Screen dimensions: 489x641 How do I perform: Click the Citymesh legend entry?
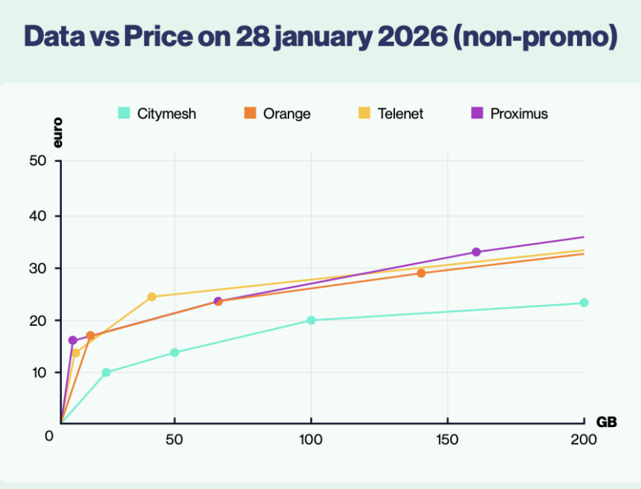click(x=157, y=114)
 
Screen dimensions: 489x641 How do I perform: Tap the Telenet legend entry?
click(x=391, y=114)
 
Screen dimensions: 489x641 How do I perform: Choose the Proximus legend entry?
click(x=510, y=114)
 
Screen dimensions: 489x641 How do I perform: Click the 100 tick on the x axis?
click(x=311, y=440)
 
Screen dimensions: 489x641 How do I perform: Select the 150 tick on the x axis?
click(x=447, y=440)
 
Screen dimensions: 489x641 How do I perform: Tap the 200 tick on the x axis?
click(x=584, y=440)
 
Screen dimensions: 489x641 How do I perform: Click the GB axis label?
click(x=606, y=422)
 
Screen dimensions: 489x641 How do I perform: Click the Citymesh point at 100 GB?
click(x=311, y=321)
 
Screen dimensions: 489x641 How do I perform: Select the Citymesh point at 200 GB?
click(x=584, y=303)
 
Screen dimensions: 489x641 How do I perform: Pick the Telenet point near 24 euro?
click(x=151, y=297)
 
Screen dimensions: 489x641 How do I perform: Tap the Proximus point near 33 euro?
click(x=476, y=252)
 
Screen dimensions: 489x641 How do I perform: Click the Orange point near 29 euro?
click(x=421, y=273)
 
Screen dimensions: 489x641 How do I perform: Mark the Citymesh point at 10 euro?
click(x=106, y=373)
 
